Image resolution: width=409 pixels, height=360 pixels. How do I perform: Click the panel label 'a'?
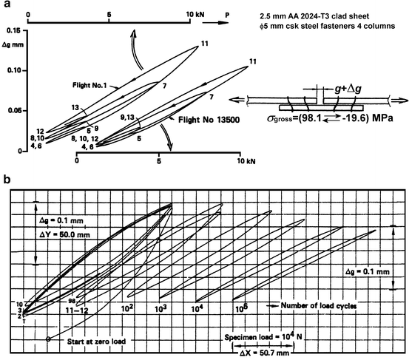[x=5, y=5]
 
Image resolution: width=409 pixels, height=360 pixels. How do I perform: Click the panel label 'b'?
[x=6, y=180]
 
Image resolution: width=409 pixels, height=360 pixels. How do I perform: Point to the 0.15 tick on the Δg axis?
[x=11, y=30]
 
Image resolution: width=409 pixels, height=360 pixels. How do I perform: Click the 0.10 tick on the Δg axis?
[x=11, y=71]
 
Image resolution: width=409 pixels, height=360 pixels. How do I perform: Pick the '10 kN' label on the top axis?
[x=195, y=13]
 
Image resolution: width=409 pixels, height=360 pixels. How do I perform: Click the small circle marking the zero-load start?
[x=48, y=339]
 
